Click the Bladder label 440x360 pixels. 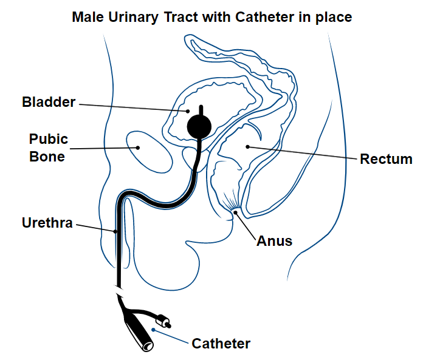49,101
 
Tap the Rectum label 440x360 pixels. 386,159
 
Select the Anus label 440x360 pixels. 274,240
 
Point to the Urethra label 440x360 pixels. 47,223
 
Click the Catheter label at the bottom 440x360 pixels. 221,344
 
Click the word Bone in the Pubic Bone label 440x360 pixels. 47,156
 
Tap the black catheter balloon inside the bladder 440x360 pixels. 199,126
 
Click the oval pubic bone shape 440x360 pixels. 150,151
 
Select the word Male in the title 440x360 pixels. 87,17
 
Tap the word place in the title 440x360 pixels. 333,17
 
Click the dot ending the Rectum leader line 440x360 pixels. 247,146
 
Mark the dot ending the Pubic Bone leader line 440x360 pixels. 139,147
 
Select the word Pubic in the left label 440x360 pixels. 49,140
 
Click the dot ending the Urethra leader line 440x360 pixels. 114,231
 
